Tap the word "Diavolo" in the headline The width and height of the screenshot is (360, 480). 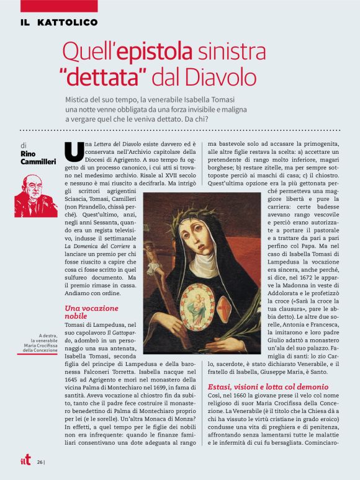[217, 76]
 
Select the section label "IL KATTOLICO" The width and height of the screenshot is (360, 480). [58, 22]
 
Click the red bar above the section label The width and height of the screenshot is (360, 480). [58, 6]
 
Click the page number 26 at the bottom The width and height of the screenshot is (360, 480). [40, 462]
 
